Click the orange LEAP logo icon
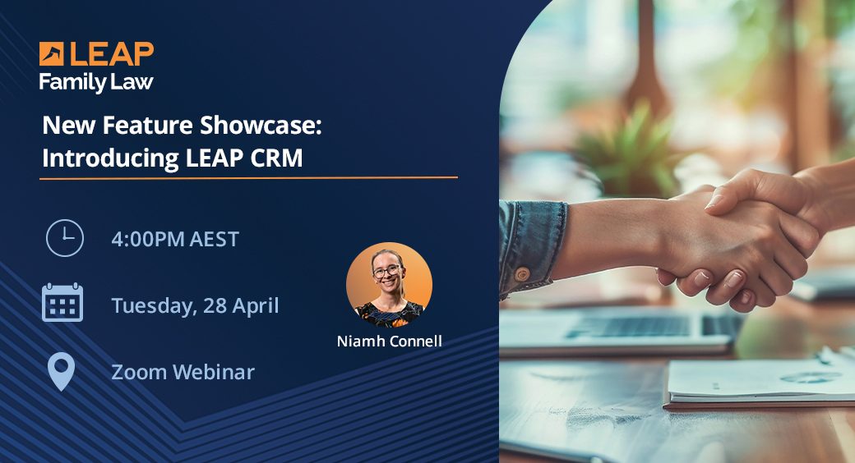coord(52,54)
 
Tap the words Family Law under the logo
coord(95,82)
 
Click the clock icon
coord(64,239)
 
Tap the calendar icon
coord(62,303)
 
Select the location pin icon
coord(61,371)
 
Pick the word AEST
coord(213,240)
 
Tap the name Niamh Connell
coord(389,341)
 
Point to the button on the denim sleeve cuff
coord(521,273)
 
